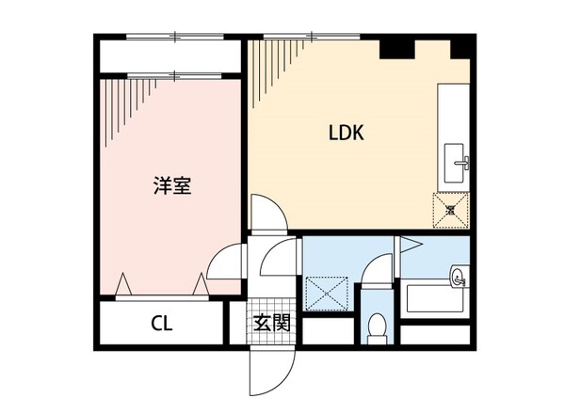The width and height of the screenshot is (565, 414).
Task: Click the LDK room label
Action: [346, 133]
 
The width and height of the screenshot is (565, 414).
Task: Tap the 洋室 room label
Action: [172, 184]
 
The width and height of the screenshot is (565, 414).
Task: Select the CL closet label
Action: [162, 325]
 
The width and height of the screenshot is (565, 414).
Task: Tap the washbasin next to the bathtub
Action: [457, 276]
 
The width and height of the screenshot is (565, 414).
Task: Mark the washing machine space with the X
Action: [330, 293]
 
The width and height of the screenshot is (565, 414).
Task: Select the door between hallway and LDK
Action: [271, 214]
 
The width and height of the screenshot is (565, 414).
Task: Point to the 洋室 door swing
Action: [225, 263]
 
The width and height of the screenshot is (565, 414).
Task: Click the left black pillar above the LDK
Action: [395, 47]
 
